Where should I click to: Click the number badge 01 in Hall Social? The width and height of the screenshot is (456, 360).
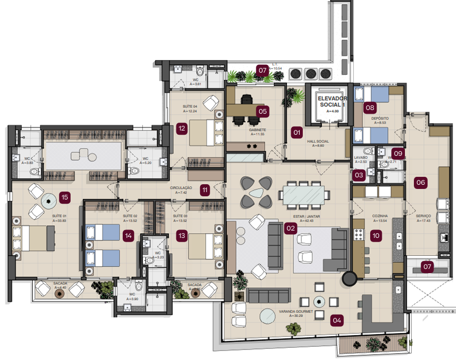[297, 132]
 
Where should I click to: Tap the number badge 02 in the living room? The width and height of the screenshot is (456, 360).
[290, 228]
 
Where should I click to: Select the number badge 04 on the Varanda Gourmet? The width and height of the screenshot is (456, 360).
[336, 319]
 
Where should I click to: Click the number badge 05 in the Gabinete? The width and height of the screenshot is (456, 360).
[262, 111]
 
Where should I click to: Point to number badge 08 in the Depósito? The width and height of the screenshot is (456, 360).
[370, 108]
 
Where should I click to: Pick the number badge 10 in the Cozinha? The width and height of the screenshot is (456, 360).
[375, 236]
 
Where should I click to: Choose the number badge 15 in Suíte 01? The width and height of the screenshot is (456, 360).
[65, 197]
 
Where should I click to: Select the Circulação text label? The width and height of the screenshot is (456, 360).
[181, 188]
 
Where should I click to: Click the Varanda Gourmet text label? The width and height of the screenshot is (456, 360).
[296, 312]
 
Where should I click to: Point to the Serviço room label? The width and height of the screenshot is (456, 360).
[423, 216]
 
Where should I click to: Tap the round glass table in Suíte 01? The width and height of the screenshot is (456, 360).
[49, 199]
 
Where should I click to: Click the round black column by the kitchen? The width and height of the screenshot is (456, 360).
[349, 278]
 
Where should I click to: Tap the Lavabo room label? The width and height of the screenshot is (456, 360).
[361, 157]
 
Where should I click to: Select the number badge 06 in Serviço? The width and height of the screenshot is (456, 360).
[421, 183]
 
